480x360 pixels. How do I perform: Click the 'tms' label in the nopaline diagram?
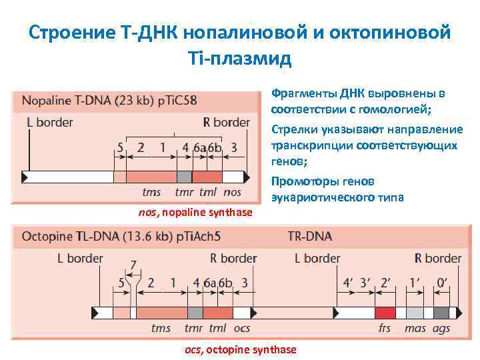tap(151, 193)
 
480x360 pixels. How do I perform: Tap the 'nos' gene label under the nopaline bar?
tap(233, 193)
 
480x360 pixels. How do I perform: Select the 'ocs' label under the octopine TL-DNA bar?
tap(241, 328)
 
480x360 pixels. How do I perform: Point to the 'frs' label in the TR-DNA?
tap(384, 328)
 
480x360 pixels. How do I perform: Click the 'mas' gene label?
tap(415, 328)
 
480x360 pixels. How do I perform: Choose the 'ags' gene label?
tap(441, 328)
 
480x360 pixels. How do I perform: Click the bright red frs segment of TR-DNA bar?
tap(385, 313)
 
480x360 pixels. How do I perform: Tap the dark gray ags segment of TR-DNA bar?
tap(441, 313)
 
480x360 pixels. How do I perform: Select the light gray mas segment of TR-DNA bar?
tap(415, 313)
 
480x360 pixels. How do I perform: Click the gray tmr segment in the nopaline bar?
tap(184, 177)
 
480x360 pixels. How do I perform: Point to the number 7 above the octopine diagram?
tap(133, 265)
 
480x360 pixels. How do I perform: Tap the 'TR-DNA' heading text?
tap(309, 237)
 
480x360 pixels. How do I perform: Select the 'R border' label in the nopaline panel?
tap(227, 122)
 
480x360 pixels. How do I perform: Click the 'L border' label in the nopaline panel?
tap(50, 122)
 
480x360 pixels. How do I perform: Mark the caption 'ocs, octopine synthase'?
tap(240, 350)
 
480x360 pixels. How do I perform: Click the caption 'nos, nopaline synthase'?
tap(195, 212)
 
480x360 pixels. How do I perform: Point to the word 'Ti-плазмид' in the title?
tap(241, 59)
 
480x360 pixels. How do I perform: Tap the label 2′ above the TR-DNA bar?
tap(385, 282)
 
